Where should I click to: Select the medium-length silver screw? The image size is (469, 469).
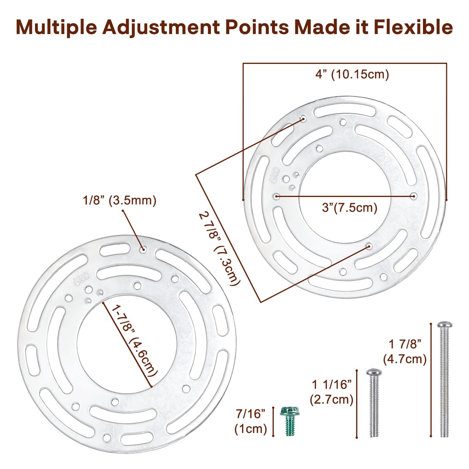(x=374, y=403)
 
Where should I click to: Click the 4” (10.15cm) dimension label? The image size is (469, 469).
(x=352, y=74)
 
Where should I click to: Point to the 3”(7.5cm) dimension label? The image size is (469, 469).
(x=349, y=208)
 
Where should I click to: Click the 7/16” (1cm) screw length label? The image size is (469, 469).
(x=251, y=421)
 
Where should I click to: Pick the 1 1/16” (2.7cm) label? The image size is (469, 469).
(x=332, y=392)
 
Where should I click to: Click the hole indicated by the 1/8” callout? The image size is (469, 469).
(x=143, y=250)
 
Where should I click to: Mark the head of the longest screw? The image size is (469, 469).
(x=444, y=325)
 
